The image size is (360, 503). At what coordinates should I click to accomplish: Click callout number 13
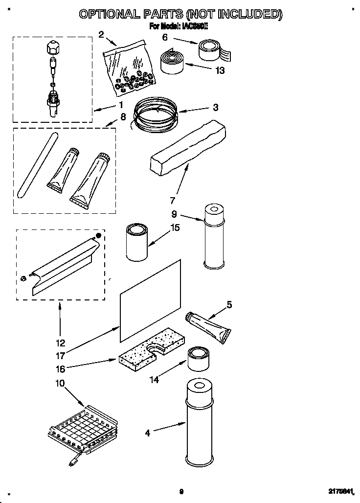pyautogui.click(x=220, y=70)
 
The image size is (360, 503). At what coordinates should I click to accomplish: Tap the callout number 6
pyautogui.click(x=165, y=37)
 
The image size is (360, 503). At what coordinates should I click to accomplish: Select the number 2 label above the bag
pyautogui.click(x=101, y=34)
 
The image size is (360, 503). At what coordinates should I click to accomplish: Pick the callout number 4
pyautogui.click(x=148, y=433)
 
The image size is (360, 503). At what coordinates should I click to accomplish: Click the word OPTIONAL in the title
pyautogui.click(x=110, y=14)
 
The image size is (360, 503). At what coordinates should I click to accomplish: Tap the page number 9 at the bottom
pyautogui.click(x=181, y=492)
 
